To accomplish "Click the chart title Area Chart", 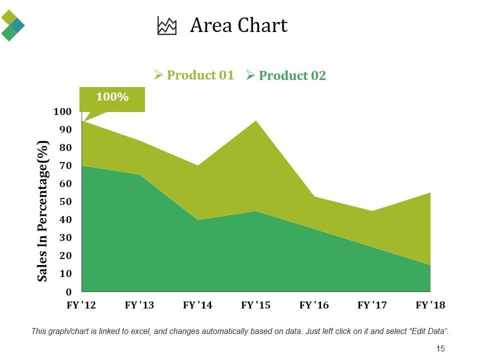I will click(x=238, y=25).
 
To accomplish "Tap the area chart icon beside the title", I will click(x=167, y=26).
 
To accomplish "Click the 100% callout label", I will click(x=112, y=97).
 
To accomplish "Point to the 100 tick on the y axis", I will click(x=62, y=111).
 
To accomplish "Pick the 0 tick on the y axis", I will click(x=69, y=291).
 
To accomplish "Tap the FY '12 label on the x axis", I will click(x=81, y=305).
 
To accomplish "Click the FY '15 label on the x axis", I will click(x=255, y=305).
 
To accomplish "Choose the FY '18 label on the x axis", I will click(x=430, y=305).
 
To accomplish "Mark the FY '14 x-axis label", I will click(x=197, y=305).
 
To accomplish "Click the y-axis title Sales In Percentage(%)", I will click(x=43, y=210).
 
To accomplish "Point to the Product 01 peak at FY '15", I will click(x=256, y=121).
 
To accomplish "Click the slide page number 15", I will click(x=440, y=348).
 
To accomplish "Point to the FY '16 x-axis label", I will click(x=314, y=305).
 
